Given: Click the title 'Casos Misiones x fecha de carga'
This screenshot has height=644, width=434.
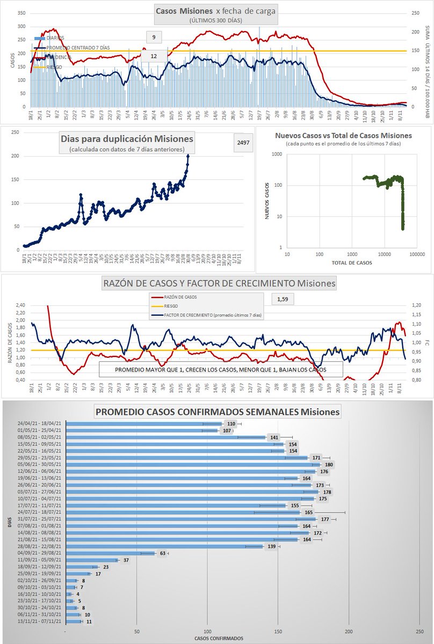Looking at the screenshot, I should [x=216, y=11].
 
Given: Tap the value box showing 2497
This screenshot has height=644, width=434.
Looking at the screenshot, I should [x=241, y=142].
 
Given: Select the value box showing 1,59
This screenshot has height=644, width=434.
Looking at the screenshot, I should [x=283, y=299].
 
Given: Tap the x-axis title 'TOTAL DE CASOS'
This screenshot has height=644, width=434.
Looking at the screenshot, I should [x=352, y=264].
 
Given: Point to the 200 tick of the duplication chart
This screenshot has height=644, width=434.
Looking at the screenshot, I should [x=16, y=156].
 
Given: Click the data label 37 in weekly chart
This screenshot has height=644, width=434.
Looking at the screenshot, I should [x=126, y=560].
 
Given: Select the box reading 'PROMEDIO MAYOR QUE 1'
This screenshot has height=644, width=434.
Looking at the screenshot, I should [x=220, y=370].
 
